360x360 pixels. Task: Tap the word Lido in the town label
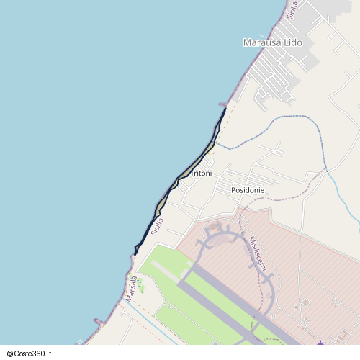coord(294,43)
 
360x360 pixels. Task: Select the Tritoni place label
coord(201,174)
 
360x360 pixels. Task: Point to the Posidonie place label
coord(248,190)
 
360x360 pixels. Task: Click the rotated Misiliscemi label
coord(258,253)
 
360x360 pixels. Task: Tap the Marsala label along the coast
coord(131,288)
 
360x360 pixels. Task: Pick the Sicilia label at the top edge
coord(292,9)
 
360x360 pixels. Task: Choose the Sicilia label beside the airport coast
coord(158,226)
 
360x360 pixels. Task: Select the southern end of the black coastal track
coord(135,253)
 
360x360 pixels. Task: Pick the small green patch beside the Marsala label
coord(141,287)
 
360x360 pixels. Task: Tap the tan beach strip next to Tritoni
coord(194,167)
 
